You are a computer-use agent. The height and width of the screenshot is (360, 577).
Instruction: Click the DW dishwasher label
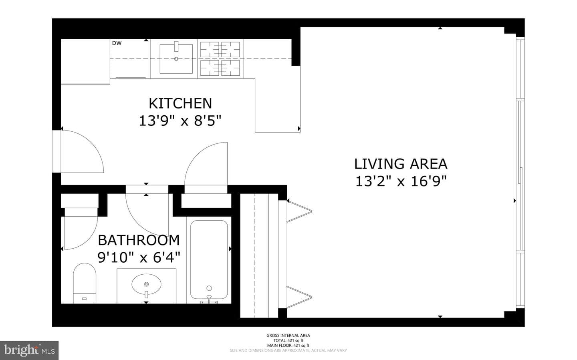coord(117,43)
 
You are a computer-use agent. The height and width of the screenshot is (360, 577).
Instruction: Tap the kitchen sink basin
coord(176,59)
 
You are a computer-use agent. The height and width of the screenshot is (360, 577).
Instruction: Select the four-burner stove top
coord(220,59)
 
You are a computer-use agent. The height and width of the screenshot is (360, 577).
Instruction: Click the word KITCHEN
coord(180,103)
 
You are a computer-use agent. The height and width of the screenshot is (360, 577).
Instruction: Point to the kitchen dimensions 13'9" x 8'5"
coord(180,121)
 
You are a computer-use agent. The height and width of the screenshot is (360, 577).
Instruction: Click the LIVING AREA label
coord(401,164)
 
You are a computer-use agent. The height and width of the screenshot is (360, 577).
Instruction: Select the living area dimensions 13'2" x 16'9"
coord(401,181)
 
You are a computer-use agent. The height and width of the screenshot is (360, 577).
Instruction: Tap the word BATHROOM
coord(139,240)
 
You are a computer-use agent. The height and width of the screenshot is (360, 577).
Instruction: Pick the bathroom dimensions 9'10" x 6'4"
coord(139,257)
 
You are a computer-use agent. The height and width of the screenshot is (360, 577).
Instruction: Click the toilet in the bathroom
coord(85,283)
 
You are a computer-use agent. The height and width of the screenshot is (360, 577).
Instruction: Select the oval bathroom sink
coord(146,284)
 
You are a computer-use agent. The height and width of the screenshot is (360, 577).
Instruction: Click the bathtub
coord(209,259)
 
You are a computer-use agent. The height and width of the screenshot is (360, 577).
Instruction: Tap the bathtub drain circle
coord(209,288)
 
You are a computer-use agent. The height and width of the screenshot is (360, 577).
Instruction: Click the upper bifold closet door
coord(300,211)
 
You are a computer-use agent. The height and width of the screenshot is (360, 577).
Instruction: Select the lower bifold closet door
coord(300,297)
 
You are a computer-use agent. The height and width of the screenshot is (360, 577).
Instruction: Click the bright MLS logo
coord(29,350)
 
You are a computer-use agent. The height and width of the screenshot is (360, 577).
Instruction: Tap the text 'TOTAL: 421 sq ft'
coord(288,340)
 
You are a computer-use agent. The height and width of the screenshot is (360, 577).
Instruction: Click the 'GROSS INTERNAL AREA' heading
coord(288,336)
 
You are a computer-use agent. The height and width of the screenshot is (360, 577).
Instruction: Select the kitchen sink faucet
coord(176,46)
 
